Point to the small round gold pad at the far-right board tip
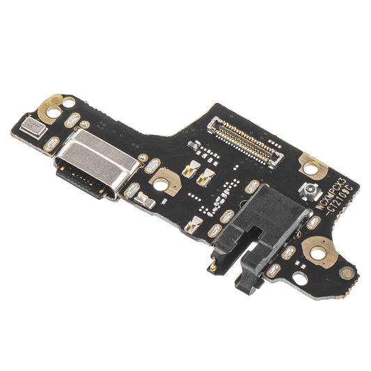point(346,273)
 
